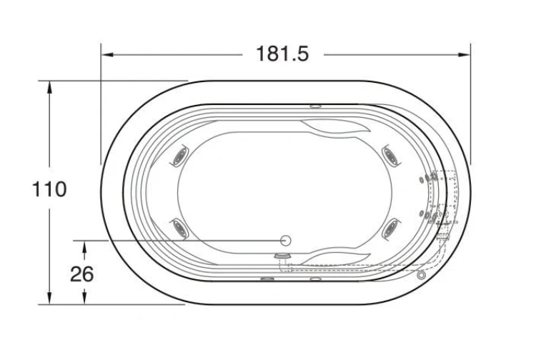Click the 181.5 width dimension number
point(282,54)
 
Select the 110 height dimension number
point(49,189)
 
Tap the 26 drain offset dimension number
point(82,274)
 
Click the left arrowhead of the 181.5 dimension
point(108,55)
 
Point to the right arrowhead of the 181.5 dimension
point(465,55)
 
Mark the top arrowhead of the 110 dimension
point(49,87)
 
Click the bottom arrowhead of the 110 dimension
point(49,298)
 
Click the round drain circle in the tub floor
point(285,241)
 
